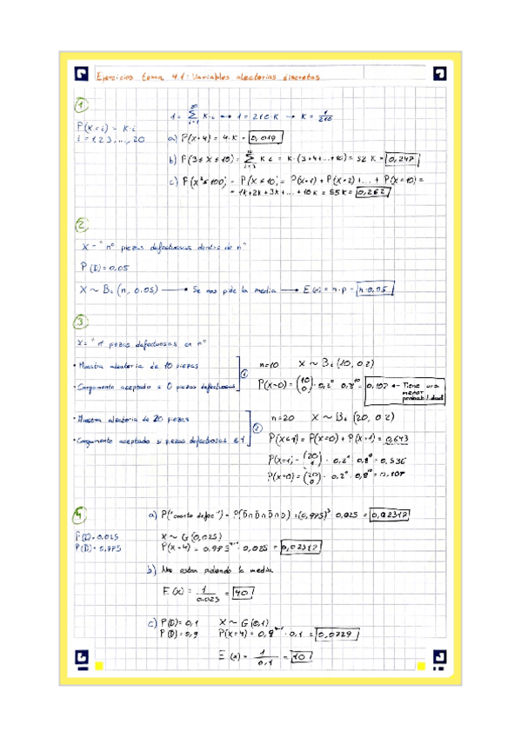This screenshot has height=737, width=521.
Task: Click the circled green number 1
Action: pos(82,105)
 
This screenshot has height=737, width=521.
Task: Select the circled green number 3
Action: pos(82,323)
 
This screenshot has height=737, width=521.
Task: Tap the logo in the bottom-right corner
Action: pos(440,657)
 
